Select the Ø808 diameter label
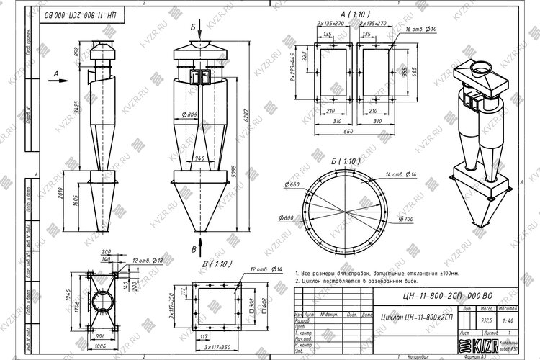tap(190, 114)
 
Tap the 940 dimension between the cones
tap(201, 158)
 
